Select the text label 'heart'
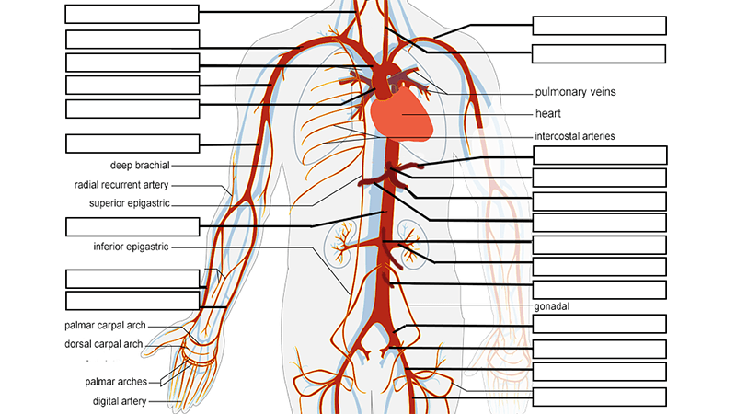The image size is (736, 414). [x=548, y=114]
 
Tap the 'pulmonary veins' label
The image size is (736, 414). [x=575, y=92]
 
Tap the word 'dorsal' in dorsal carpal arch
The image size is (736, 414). [x=81, y=344]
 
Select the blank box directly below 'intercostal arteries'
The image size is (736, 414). [x=599, y=155]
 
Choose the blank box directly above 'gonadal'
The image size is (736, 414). [x=599, y=290]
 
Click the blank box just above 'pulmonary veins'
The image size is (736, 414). [x=599, y=53]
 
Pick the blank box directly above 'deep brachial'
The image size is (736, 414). [x=132, y=144]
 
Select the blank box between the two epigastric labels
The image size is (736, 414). [x=132, y=226]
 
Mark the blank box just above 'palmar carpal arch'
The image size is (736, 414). [x=132, y=301]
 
